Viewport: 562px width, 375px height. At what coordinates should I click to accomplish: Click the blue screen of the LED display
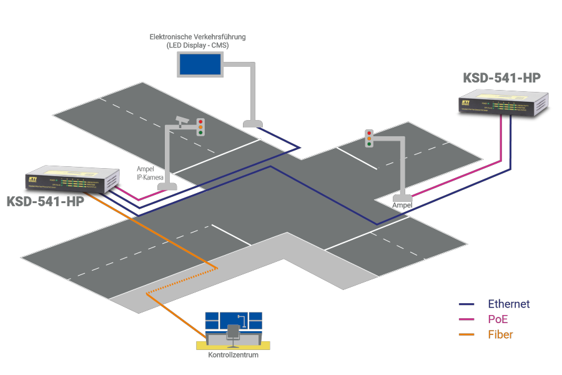click(200, 64)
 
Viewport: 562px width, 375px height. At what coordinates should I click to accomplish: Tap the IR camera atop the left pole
click(182, 119)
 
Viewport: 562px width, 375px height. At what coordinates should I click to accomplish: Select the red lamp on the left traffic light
click(200, 122)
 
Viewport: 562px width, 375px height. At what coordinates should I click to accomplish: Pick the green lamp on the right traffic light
click(369, 144)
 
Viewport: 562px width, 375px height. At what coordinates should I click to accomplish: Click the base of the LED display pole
click(252, 124)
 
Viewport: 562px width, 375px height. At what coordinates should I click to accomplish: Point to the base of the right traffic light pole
click(402, 198)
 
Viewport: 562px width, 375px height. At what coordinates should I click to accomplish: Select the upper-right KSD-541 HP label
click(501, 79)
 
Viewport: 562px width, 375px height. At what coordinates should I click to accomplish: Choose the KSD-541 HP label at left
click(45, 202)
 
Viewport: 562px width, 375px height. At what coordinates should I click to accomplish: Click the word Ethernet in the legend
click(509, 304)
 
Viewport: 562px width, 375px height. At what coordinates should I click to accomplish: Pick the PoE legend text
click(498, 319)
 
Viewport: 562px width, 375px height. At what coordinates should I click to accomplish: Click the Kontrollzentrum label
click(233, 355)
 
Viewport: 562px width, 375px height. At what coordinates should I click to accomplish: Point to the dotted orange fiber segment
click(181, 281)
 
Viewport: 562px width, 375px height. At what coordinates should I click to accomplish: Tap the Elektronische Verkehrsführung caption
click(197, 37)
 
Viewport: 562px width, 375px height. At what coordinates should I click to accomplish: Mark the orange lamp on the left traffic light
click(200, 127)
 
